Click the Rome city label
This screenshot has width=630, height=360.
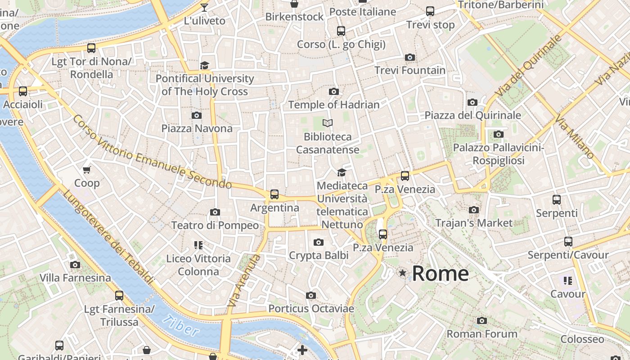440,274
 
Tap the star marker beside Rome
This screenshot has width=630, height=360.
402,273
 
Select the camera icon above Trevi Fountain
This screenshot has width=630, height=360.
409,57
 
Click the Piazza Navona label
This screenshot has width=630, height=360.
197,129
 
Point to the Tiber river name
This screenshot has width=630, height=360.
181,326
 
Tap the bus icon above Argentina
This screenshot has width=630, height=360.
274,194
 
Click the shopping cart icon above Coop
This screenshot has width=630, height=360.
86,170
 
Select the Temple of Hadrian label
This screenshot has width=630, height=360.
334,105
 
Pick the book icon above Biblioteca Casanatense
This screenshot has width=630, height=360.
328,123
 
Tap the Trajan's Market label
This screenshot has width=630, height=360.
474,223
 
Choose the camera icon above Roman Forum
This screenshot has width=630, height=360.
482,321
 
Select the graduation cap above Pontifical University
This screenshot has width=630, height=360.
204,65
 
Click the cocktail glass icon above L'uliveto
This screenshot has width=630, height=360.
204,7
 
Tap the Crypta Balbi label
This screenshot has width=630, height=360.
319,256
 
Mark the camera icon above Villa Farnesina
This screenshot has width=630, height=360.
75,265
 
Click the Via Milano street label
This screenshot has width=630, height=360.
574,137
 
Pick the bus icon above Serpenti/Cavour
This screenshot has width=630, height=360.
568,242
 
